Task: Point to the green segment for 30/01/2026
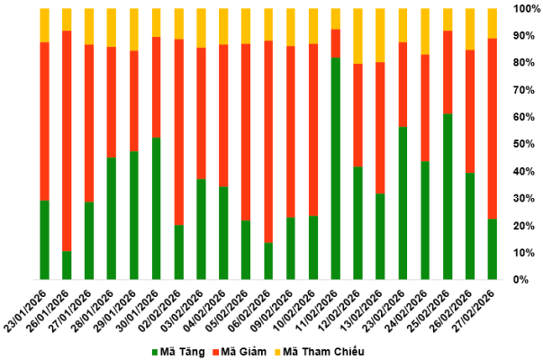point(157,208)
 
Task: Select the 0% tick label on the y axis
point(529,280)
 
